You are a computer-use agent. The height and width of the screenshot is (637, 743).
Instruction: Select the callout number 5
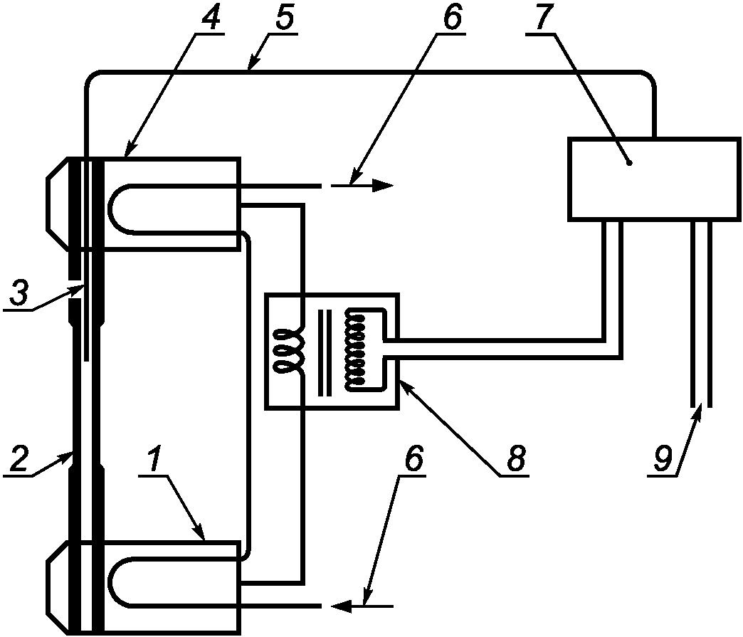(283, 19)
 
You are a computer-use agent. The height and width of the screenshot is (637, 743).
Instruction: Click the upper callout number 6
(452, 19)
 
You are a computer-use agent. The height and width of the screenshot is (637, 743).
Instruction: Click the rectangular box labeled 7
(653, 179)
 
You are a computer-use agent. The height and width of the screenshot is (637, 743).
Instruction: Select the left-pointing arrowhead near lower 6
(342, 606)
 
